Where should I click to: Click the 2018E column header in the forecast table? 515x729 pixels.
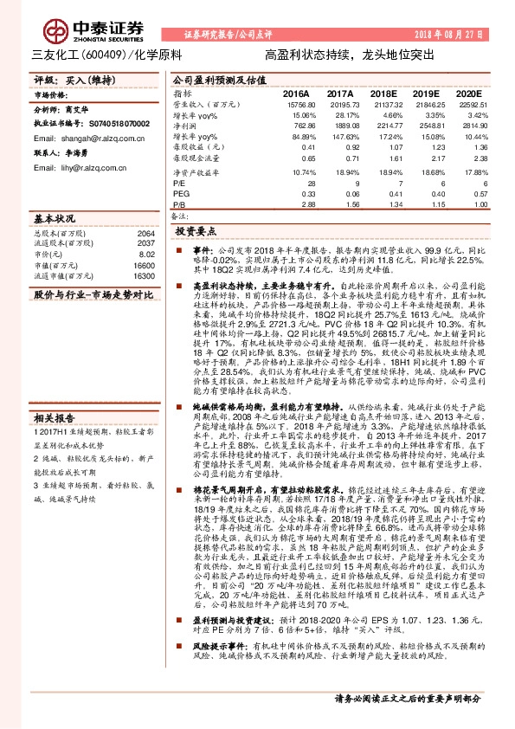[383, 92]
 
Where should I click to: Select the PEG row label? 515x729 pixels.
[181, 194]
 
